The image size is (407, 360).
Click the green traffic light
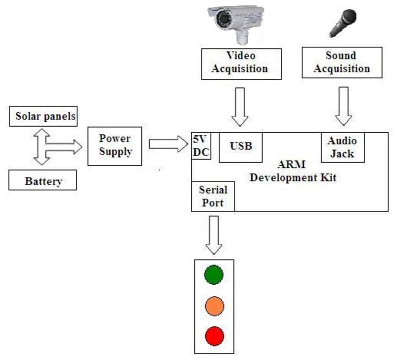pyautogui.click(x=214, y=275)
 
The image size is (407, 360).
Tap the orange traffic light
pyautogui.click(x=214, y=306)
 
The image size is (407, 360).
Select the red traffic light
pyautogui.click(x=214, y=336)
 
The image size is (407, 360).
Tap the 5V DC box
pyautogui.click(x=201, y=145)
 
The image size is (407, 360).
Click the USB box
pyautogui.click(x=241, y=147)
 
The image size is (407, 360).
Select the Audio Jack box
pyautogui.click(x=342, y=146)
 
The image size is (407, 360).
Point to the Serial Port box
pyautogui.click(x=213, y=196)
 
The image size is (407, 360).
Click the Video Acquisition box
pyautogui.click(x=241, y=63)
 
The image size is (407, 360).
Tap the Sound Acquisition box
pyautogui.click(x=341, y=63)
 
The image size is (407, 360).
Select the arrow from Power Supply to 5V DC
pyautogui.click(x=168, y=144)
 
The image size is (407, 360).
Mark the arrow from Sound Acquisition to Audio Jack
pyautogui.click(x=344, y=105)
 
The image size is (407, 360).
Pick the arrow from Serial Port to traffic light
pyautogui.click(x=214, y=234)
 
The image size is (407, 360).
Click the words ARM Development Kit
pyautogui.click(x=293, y=171)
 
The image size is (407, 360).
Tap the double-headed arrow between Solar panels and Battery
pyautogui.click(x=42, y=147)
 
